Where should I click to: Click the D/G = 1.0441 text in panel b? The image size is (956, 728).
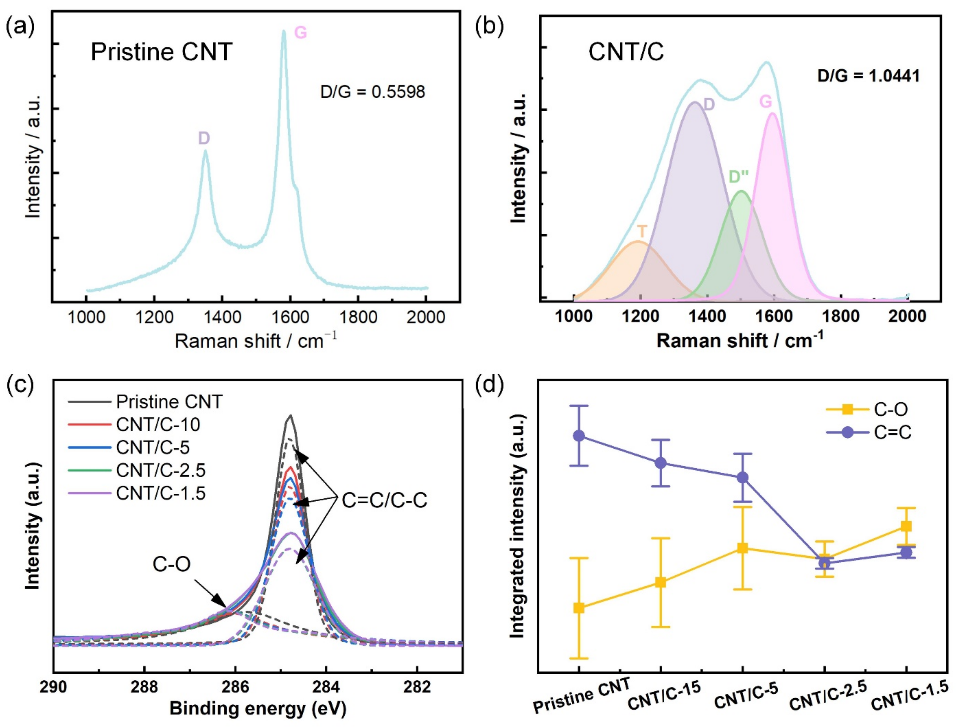(868, 76)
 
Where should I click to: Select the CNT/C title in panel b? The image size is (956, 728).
(626, 52)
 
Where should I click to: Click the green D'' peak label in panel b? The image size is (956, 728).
(739, 177)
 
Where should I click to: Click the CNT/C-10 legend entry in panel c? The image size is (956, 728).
(158, 425)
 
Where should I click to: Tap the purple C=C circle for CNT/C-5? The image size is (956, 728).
(742, 477)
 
